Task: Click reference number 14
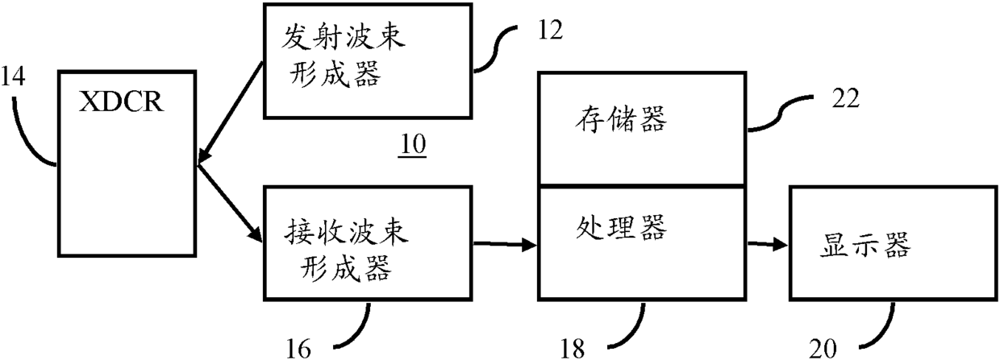point(15,80)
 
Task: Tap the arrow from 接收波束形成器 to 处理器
point(505,243)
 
